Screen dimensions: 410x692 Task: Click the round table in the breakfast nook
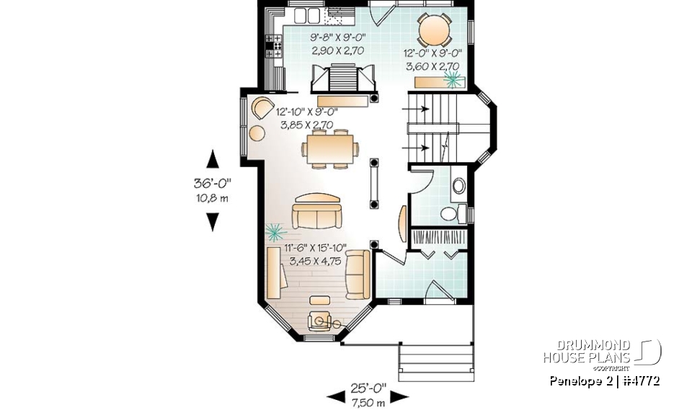tap(435, 31)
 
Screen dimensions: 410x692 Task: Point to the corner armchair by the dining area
tap(259, 110)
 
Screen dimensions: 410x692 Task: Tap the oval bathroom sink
tap(458, 187)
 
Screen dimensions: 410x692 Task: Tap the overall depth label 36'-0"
tap(212, 184)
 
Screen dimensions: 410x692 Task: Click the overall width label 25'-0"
tap(367, 389)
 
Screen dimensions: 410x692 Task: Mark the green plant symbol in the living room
tap(274, 231)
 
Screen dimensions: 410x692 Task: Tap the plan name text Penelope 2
tap(577, 380)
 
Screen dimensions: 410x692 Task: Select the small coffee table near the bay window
tap(317, 300)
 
